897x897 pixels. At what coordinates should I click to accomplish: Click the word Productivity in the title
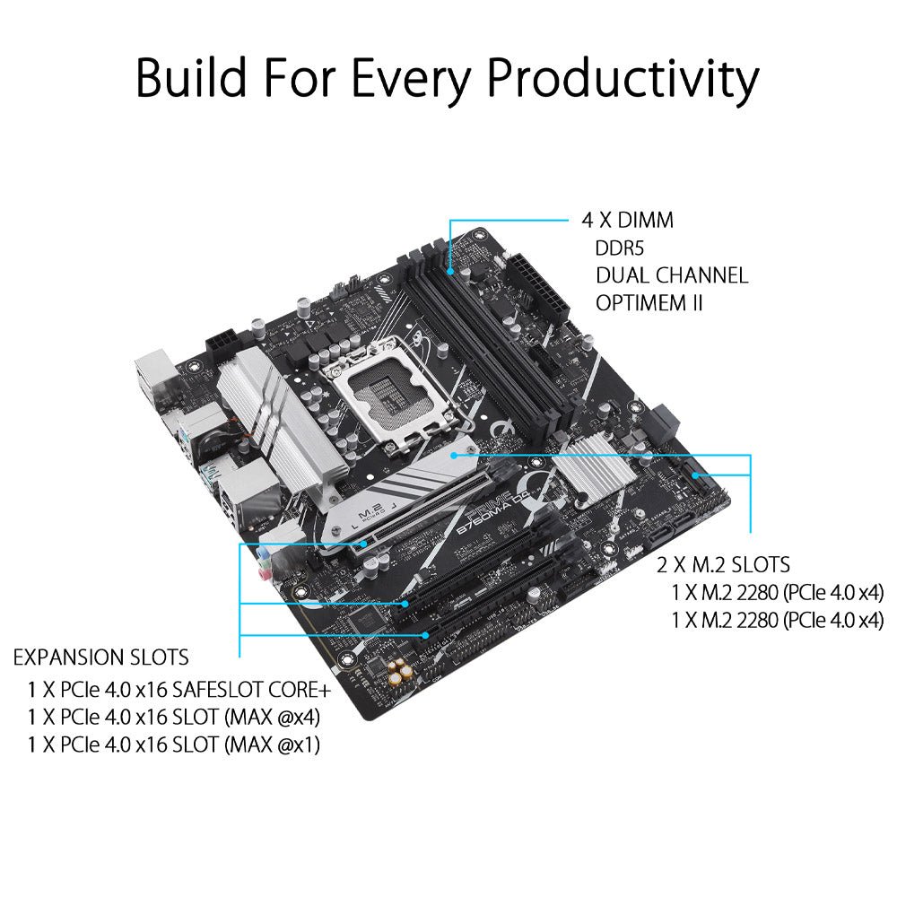click(x=623, y=80)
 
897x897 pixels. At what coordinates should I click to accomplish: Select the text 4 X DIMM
click(x=628, y=221)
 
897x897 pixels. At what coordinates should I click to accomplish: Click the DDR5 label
click(x=620, y=248)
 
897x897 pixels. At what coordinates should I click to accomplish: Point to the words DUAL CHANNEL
click(x=672, y=275)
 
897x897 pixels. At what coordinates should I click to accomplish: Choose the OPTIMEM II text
click(x=649, y=303)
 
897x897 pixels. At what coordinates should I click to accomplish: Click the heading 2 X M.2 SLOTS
click(x=723, y=565)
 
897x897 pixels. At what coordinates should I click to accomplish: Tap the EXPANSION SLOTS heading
click(x=100, y=658)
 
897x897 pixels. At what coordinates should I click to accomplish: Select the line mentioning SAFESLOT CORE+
click(x=179, y=690)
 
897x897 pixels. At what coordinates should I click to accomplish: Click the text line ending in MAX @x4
click(x=174, y=718)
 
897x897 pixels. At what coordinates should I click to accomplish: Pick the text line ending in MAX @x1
click(x=174, y=745)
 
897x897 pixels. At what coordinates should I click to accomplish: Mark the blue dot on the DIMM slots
click(x=451, y=271)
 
